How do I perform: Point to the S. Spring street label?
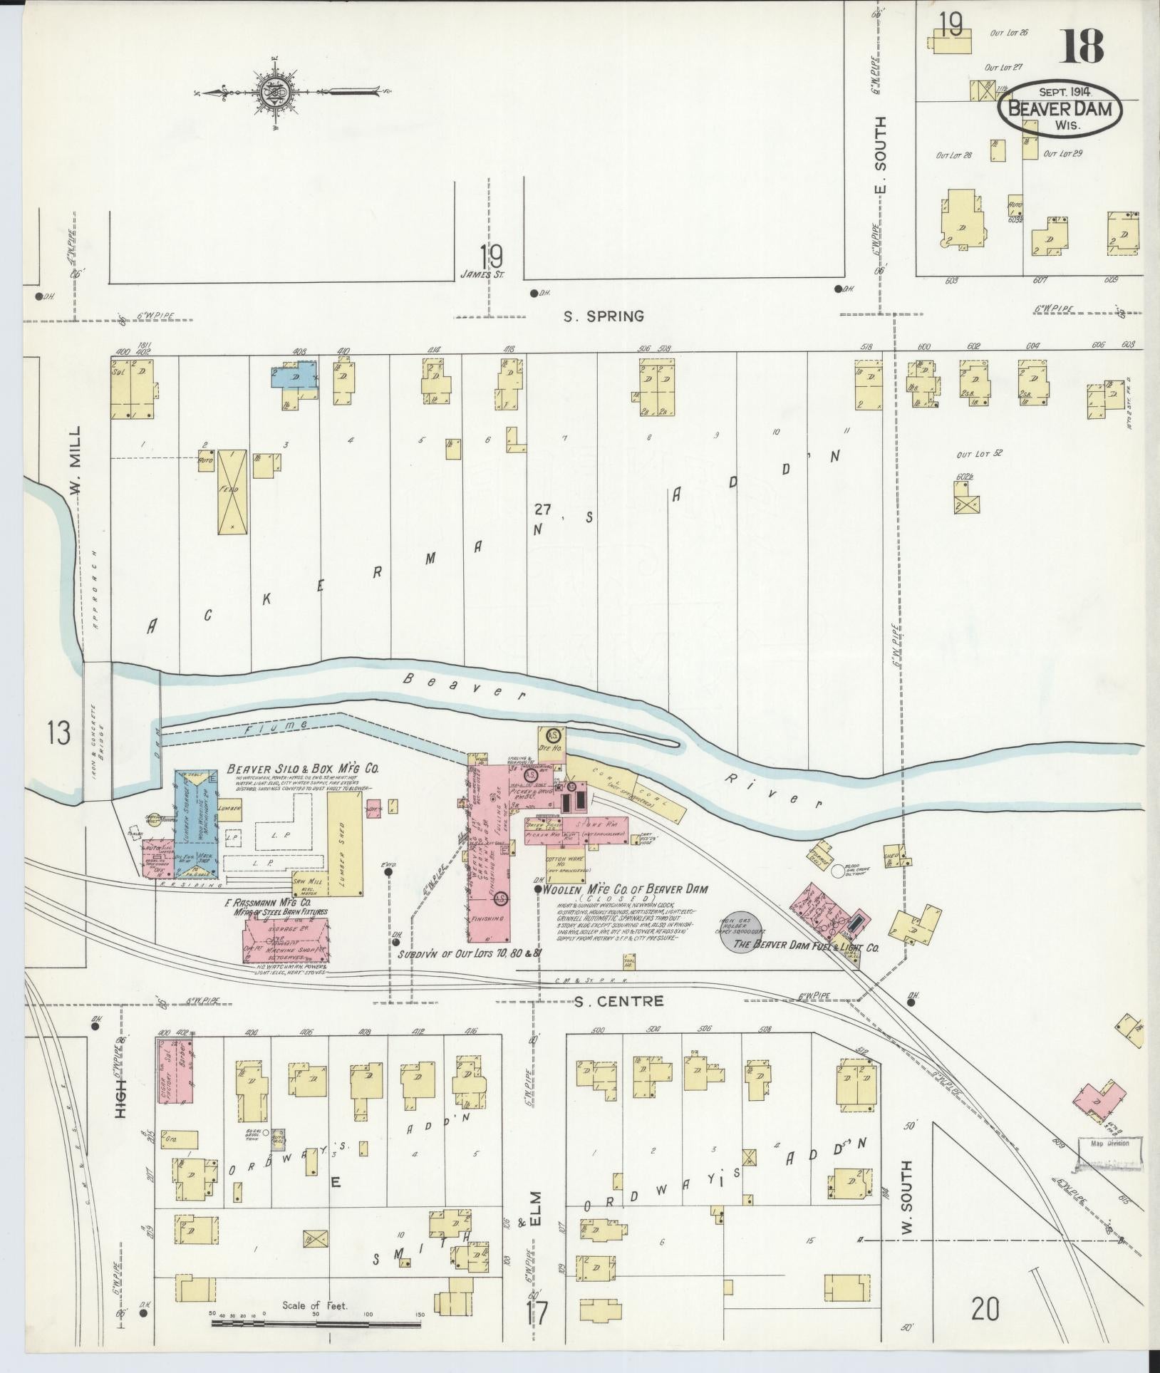604,316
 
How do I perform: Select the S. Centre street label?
619,1001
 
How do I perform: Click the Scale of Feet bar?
315,1322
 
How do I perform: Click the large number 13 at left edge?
60,732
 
